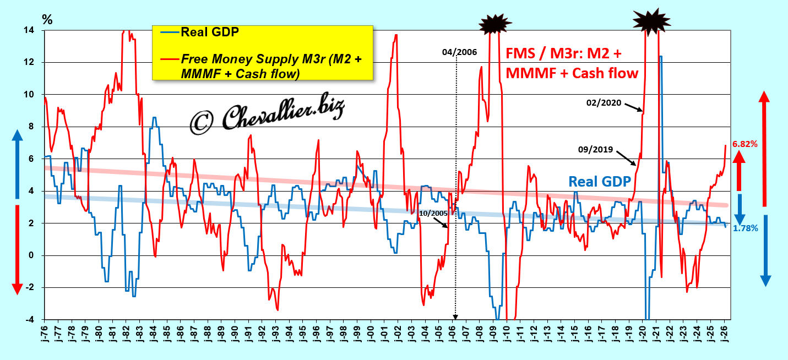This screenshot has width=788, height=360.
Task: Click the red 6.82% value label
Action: click(x=744, y=144)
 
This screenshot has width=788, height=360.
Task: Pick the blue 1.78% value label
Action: click(x=746, y=228)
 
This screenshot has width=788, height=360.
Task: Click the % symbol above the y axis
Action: click(x=47, y=20)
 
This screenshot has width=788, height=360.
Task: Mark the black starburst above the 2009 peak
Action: click(x=496, y=24)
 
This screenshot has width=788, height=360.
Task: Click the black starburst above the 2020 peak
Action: click(x=652, y=20)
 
